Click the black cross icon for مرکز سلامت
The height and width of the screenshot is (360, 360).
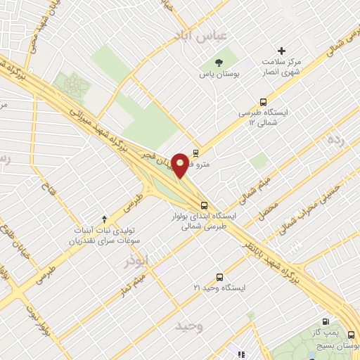tap(282, 51)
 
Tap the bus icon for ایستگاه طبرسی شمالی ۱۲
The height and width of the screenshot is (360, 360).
tap(263, 102)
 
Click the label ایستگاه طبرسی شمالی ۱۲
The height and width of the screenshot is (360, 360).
tap(262, 118)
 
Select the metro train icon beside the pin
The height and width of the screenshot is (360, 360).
tap(196, 153)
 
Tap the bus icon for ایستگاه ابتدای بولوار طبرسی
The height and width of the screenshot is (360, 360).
tap(204, 205)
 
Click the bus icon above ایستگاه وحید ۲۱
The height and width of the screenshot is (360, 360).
tap(219, 276)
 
